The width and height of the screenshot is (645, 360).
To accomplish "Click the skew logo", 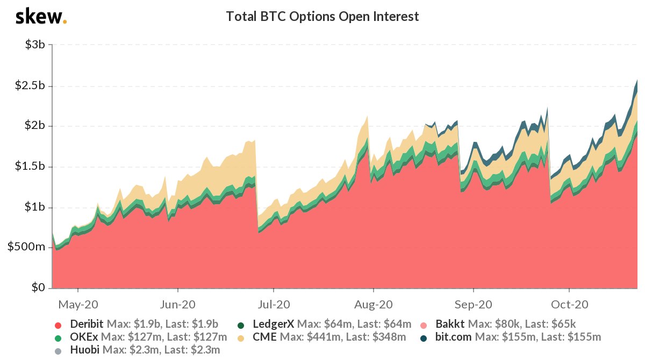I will (x=41, y=17).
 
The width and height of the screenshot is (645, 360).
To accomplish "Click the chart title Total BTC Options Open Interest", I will (x=322, y=17).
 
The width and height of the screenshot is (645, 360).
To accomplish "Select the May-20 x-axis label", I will (x=78, y=304).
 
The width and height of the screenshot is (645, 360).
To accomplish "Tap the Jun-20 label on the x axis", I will (x=178, y=304).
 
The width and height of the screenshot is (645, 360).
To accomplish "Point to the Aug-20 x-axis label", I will (x=374, y=304).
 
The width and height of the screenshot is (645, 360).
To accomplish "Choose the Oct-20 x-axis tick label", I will (x=570, y=304).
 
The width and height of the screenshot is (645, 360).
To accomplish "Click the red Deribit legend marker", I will (x=60, y=325).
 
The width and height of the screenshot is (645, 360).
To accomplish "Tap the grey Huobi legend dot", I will (x=60, y=350).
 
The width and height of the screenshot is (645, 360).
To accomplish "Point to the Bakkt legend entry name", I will (x=450, y=325).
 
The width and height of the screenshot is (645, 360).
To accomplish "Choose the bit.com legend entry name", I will (x=454, y=337).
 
